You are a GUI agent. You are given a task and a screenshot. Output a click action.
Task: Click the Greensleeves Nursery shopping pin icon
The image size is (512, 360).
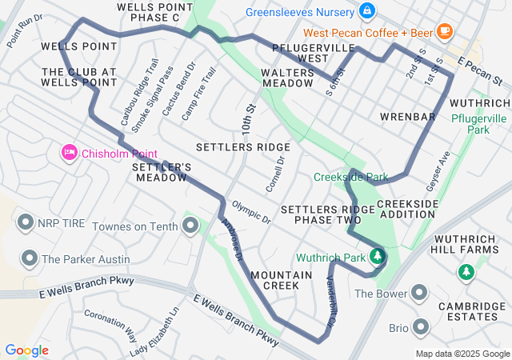pyautogui.click(x=366, y=10)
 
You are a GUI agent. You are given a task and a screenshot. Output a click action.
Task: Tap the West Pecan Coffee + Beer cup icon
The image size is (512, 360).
pyautogui.click(x=445, y=32)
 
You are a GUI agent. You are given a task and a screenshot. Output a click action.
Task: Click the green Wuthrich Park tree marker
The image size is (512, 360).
pyautogui.click(x=377, y=257)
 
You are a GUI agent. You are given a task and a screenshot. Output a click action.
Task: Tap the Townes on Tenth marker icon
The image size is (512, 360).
pyautogui.click(x=190, y=226)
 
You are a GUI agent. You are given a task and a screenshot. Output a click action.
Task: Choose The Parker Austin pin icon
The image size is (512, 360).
pyautogui.click(x=30, y=258)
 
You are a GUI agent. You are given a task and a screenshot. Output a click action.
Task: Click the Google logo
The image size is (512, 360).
pyautogui.click(x=26, y=350)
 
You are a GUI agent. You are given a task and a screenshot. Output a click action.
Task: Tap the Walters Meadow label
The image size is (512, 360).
pyautogui.click(x=287, y=78)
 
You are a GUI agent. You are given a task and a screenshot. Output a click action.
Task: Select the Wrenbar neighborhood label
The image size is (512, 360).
pyautogui.click(x=407, y=117)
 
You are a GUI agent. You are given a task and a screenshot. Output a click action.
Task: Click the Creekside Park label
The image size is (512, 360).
pyautogui.click(x=350, y=177)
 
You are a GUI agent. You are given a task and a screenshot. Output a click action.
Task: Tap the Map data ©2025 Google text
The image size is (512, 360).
pyautogui.click(x=462, y=354)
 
